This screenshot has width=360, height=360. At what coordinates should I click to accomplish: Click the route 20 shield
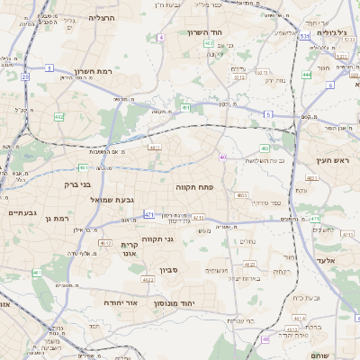click(x=25, y=77)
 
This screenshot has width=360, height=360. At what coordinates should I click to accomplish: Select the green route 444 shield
click(x=307, y=75)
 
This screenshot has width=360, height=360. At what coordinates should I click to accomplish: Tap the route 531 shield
click(x=306, y=37)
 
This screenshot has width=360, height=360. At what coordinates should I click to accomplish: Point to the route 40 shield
click(x=222, y=157)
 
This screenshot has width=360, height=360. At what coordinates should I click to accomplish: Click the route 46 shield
click(x=265, y=339)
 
